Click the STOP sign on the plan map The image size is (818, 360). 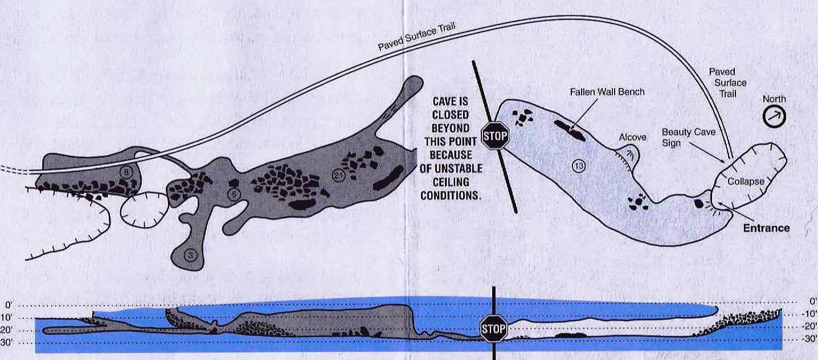[x=495, y=136]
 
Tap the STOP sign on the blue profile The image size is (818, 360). [x=493, y=329]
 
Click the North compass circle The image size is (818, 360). [x=774, y=117]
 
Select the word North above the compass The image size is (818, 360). [x=774, y=99]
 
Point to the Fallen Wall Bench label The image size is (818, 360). [x=607, y=92]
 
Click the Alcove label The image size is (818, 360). [x=632, y=137]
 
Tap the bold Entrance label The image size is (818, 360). [x=767, y=228]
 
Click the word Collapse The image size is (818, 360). [x=746, y=182]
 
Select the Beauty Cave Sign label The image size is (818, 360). [x=688, y=137]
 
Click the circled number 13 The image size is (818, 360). [x=579, y=166]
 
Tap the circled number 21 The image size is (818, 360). [x=338, y=176]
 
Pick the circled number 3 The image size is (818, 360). [x=190, y=255]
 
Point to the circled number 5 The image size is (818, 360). [x=234, y=195]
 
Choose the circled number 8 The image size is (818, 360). [x=126, y=171]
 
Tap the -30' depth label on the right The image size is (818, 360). [x=811, y=339]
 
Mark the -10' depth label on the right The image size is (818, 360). [x=811, y=314]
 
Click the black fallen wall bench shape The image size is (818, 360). [x=570, y=130]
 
